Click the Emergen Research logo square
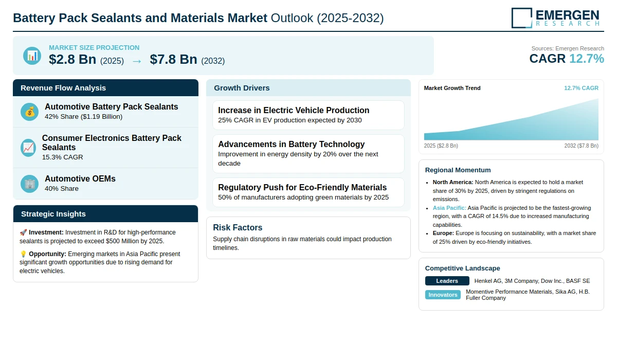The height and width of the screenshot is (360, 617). (522, 18)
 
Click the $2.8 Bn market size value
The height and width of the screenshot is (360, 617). (72, 59)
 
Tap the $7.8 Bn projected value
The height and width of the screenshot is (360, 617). (174, 59)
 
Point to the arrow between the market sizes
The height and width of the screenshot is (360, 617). (137, 61)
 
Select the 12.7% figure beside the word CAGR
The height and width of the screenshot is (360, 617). (587, 59)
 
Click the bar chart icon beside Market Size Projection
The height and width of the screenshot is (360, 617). (32, 56)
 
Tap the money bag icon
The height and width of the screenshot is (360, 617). (29, 112)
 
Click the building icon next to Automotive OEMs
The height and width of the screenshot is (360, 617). (29, 184)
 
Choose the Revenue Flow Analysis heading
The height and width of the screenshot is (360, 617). (63, 88)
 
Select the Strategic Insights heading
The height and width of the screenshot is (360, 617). (53, 214)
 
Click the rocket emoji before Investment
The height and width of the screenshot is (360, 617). (23, 232)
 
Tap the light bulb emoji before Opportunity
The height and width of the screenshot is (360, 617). (23, 254)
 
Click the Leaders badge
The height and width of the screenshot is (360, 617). (447, 281)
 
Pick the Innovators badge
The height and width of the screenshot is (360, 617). (443, 295)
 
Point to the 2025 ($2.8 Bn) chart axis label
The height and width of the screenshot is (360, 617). (441, 146)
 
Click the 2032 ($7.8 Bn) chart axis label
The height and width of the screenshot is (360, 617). (581, 146)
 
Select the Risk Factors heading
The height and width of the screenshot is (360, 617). (238, 227)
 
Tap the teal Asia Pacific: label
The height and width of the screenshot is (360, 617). (449, 208)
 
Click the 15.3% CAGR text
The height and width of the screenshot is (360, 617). (62, 157)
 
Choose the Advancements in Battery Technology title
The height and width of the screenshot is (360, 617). (291, 145)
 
